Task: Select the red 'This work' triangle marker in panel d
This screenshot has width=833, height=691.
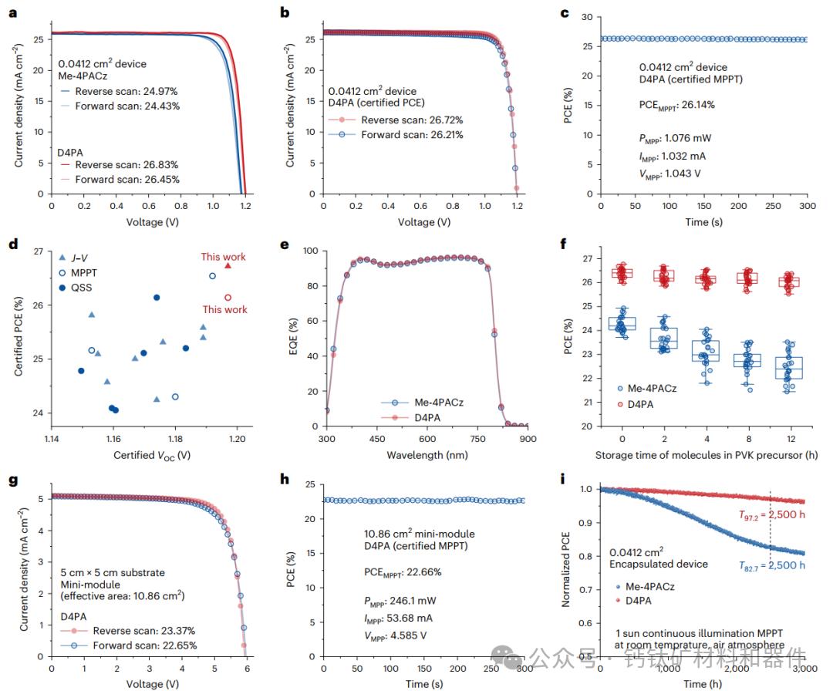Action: point(228,265)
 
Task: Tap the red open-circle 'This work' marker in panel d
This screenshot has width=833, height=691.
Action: point(228,297)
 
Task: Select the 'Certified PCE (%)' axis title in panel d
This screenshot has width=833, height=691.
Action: point(18,339)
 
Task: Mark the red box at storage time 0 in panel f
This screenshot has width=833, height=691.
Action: point(622,272)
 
